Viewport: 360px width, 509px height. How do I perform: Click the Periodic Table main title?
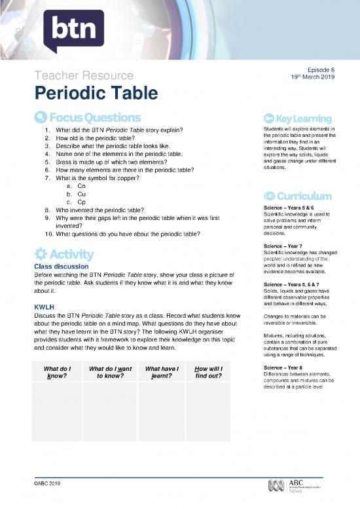pyautogui.click(x=96, y=94)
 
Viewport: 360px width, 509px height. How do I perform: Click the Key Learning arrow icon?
pyautogui.click(x=268, y=118)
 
